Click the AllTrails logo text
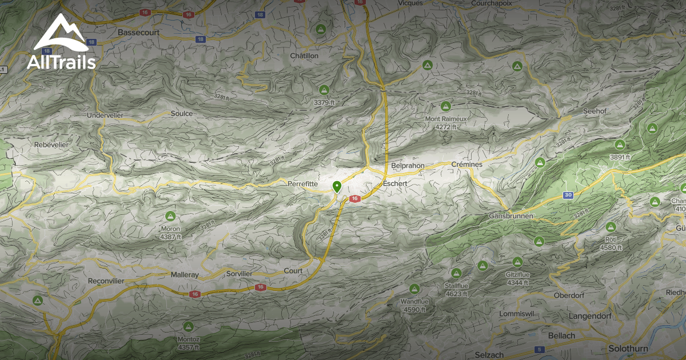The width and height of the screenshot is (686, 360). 61,62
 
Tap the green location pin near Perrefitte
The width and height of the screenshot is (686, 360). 337,186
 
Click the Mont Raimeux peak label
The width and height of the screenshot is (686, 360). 446,119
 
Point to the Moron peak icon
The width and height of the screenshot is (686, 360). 170,217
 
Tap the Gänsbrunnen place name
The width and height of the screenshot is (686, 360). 511,217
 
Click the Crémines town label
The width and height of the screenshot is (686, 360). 467,165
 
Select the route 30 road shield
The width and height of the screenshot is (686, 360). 568,195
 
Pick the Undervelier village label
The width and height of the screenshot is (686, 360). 105,115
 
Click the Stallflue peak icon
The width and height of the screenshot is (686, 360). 456,274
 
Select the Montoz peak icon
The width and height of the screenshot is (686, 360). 188,326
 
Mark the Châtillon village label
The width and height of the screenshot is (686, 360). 304,56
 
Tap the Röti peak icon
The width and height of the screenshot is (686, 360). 611,227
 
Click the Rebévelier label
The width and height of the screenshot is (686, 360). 51,145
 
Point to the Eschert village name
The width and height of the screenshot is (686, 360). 395,183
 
